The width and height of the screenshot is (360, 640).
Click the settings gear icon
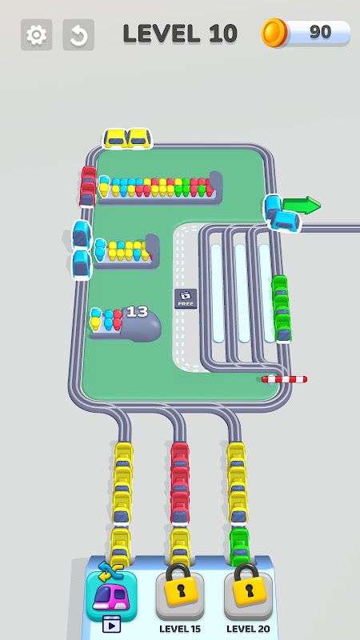[36, 34]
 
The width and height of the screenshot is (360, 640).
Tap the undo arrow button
[78, 34]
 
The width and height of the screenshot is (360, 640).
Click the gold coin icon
[274, 33]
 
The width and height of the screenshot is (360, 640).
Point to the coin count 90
[321, 32]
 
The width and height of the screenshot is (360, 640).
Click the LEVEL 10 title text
[180, 34]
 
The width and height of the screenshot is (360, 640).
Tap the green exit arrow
[302, 205]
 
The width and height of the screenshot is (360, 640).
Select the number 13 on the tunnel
[137, 312]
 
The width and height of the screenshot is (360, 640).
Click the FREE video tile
[186, 298]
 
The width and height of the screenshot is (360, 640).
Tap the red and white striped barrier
[284, 379]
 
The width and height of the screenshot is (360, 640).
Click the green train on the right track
[282, 309]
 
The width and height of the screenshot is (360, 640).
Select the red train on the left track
[88, 186]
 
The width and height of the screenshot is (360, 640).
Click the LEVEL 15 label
[179, 629]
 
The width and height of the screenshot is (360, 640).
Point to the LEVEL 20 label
[248, 629]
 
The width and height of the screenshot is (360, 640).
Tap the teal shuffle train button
[111, 597]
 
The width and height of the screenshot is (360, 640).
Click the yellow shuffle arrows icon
[110, 571]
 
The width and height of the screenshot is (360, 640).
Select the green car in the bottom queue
[239, 546]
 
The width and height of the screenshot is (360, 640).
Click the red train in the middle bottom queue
[179, 483]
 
